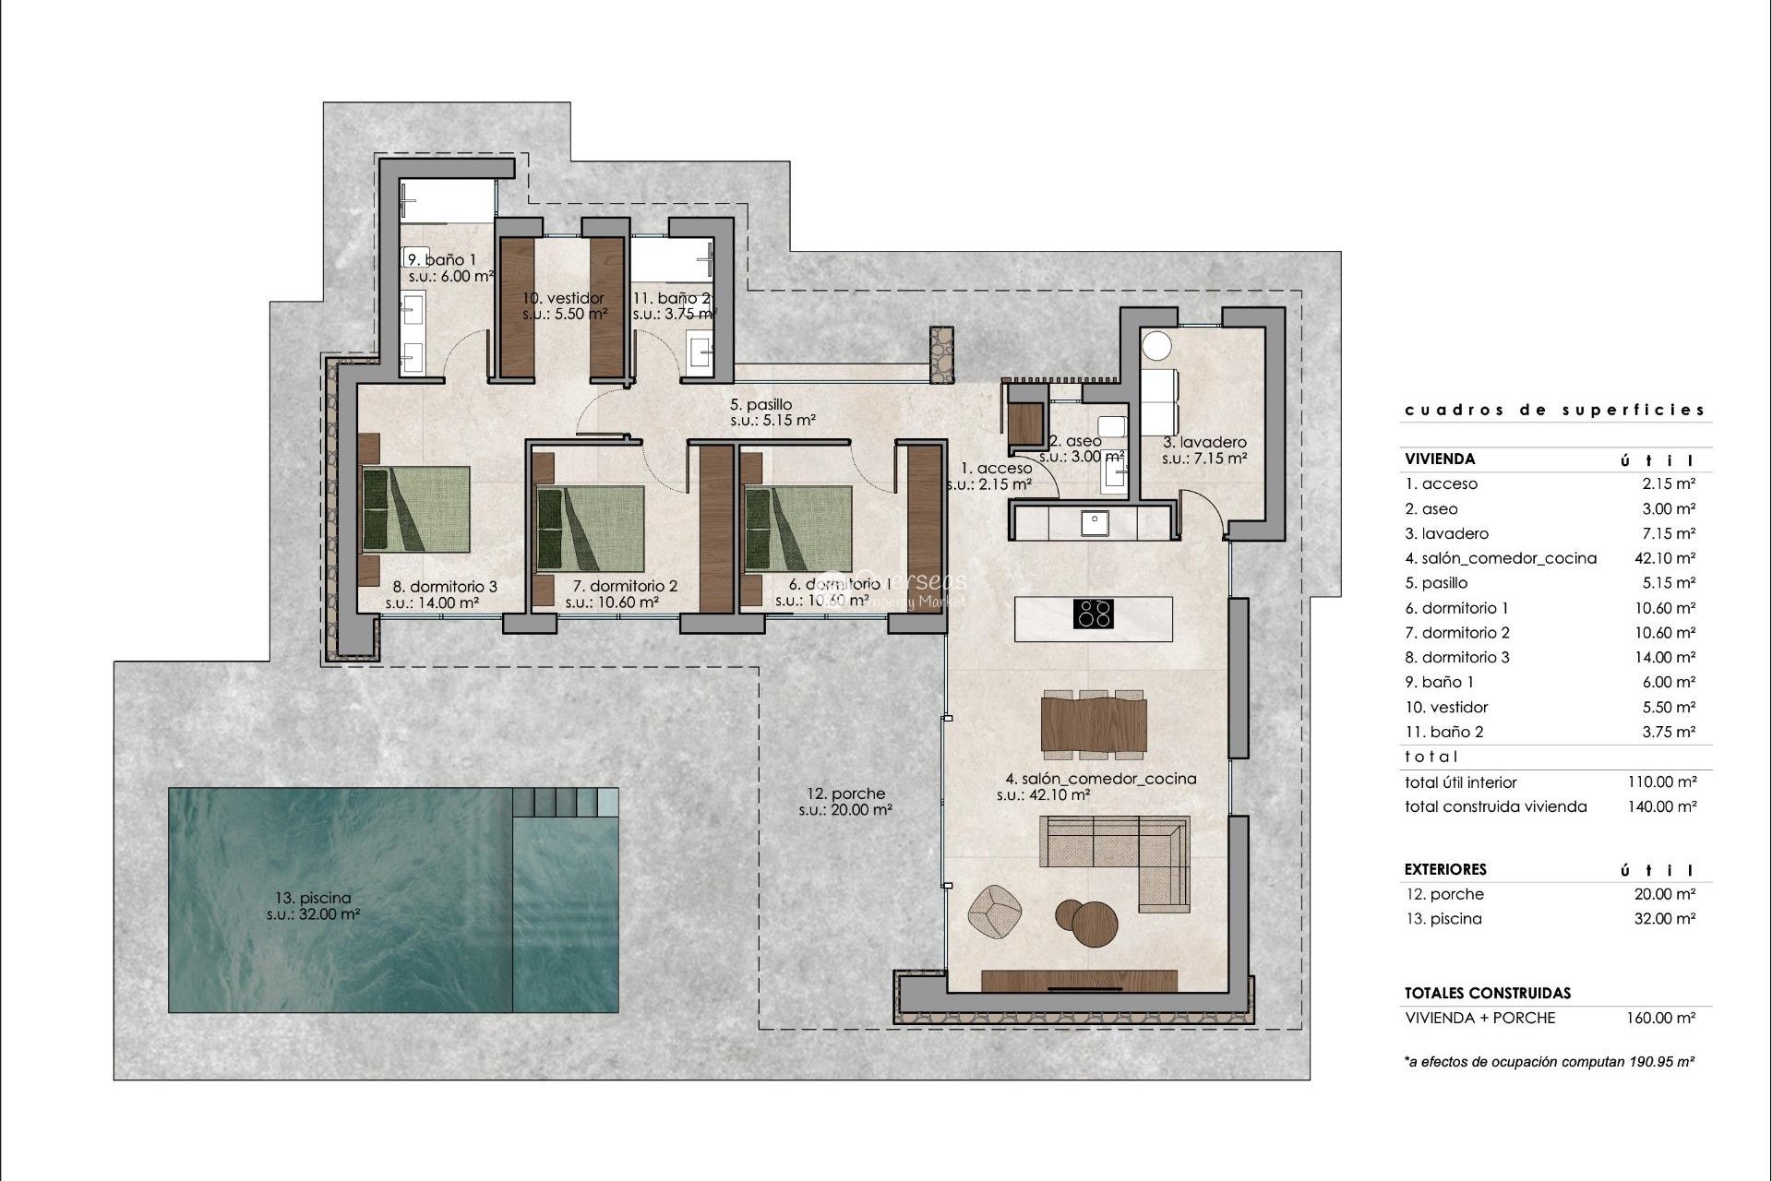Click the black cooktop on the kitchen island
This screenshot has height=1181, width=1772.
coord(1095,614)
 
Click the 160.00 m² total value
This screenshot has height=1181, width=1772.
coord(1660,1019)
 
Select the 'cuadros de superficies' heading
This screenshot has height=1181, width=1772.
coord(1554,410)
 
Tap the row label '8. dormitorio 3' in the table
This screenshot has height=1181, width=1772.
coord(1457,657)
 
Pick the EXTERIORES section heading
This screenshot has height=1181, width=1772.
coord(1445,869)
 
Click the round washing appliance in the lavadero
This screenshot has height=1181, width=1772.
coord(1156,347)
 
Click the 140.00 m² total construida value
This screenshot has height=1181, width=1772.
coord(1662,806)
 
